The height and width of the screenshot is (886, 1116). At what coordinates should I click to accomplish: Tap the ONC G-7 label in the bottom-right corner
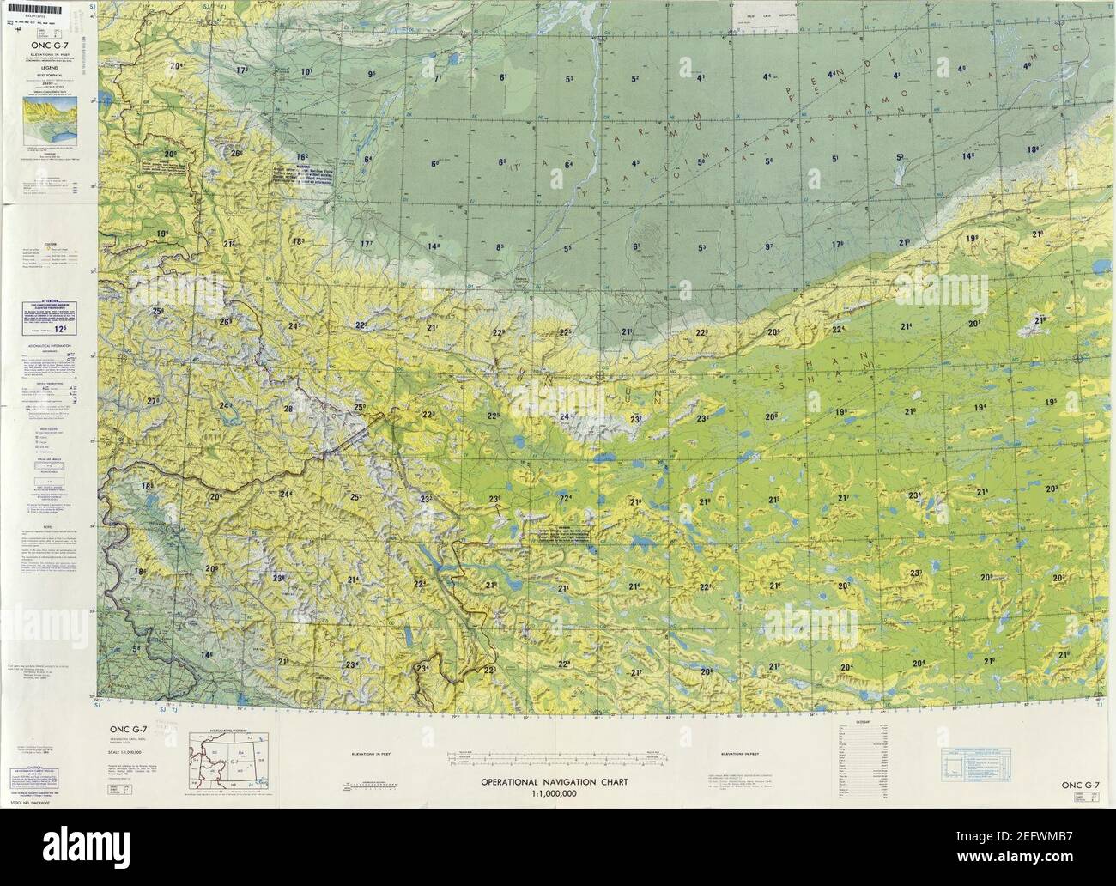click(x=1079, y=785)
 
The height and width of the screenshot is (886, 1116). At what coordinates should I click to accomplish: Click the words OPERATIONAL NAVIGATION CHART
click(x=555, y=782)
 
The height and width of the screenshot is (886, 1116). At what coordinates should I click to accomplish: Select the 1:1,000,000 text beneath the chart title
click(x=555, y=794)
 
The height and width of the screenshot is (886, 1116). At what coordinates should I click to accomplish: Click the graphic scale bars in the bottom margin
click(x=555, y=756)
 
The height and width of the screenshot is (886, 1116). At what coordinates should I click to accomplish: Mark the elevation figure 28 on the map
click(x=288, y=409)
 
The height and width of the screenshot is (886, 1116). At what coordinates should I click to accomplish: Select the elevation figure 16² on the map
click(x=301, y=156)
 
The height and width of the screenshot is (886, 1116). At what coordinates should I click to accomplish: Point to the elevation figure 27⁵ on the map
click(x=154, y=401)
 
